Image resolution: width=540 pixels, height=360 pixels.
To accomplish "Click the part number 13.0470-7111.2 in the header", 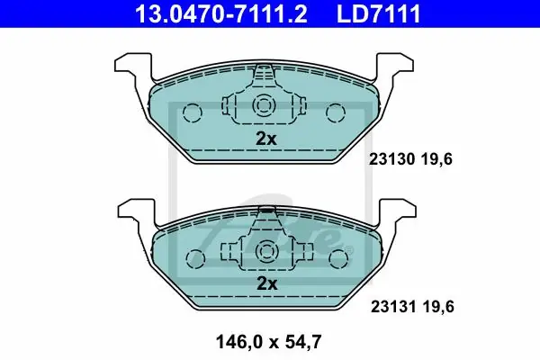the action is pyautogui.click(x=221, y=13).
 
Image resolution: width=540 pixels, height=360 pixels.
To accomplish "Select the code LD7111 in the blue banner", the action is pyautogui.click(x=379, y=13).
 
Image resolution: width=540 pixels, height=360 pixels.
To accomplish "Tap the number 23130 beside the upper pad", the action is pyautogui.click(x=391, y=159).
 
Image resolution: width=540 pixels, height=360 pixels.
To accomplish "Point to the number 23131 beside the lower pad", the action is pyautogui.click(x=393, y=307).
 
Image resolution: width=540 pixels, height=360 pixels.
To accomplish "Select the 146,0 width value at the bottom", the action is pyautogui.click(x=239, y=342).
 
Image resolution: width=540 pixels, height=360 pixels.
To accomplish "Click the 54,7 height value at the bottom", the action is pyautogui.click(x=303, y=342).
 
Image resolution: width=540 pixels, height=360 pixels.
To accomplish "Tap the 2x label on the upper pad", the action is pyautogui.click(x=266, y=139).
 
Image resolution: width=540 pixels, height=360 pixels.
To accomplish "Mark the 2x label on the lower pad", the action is pyautogui.click(x=267, y=283).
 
